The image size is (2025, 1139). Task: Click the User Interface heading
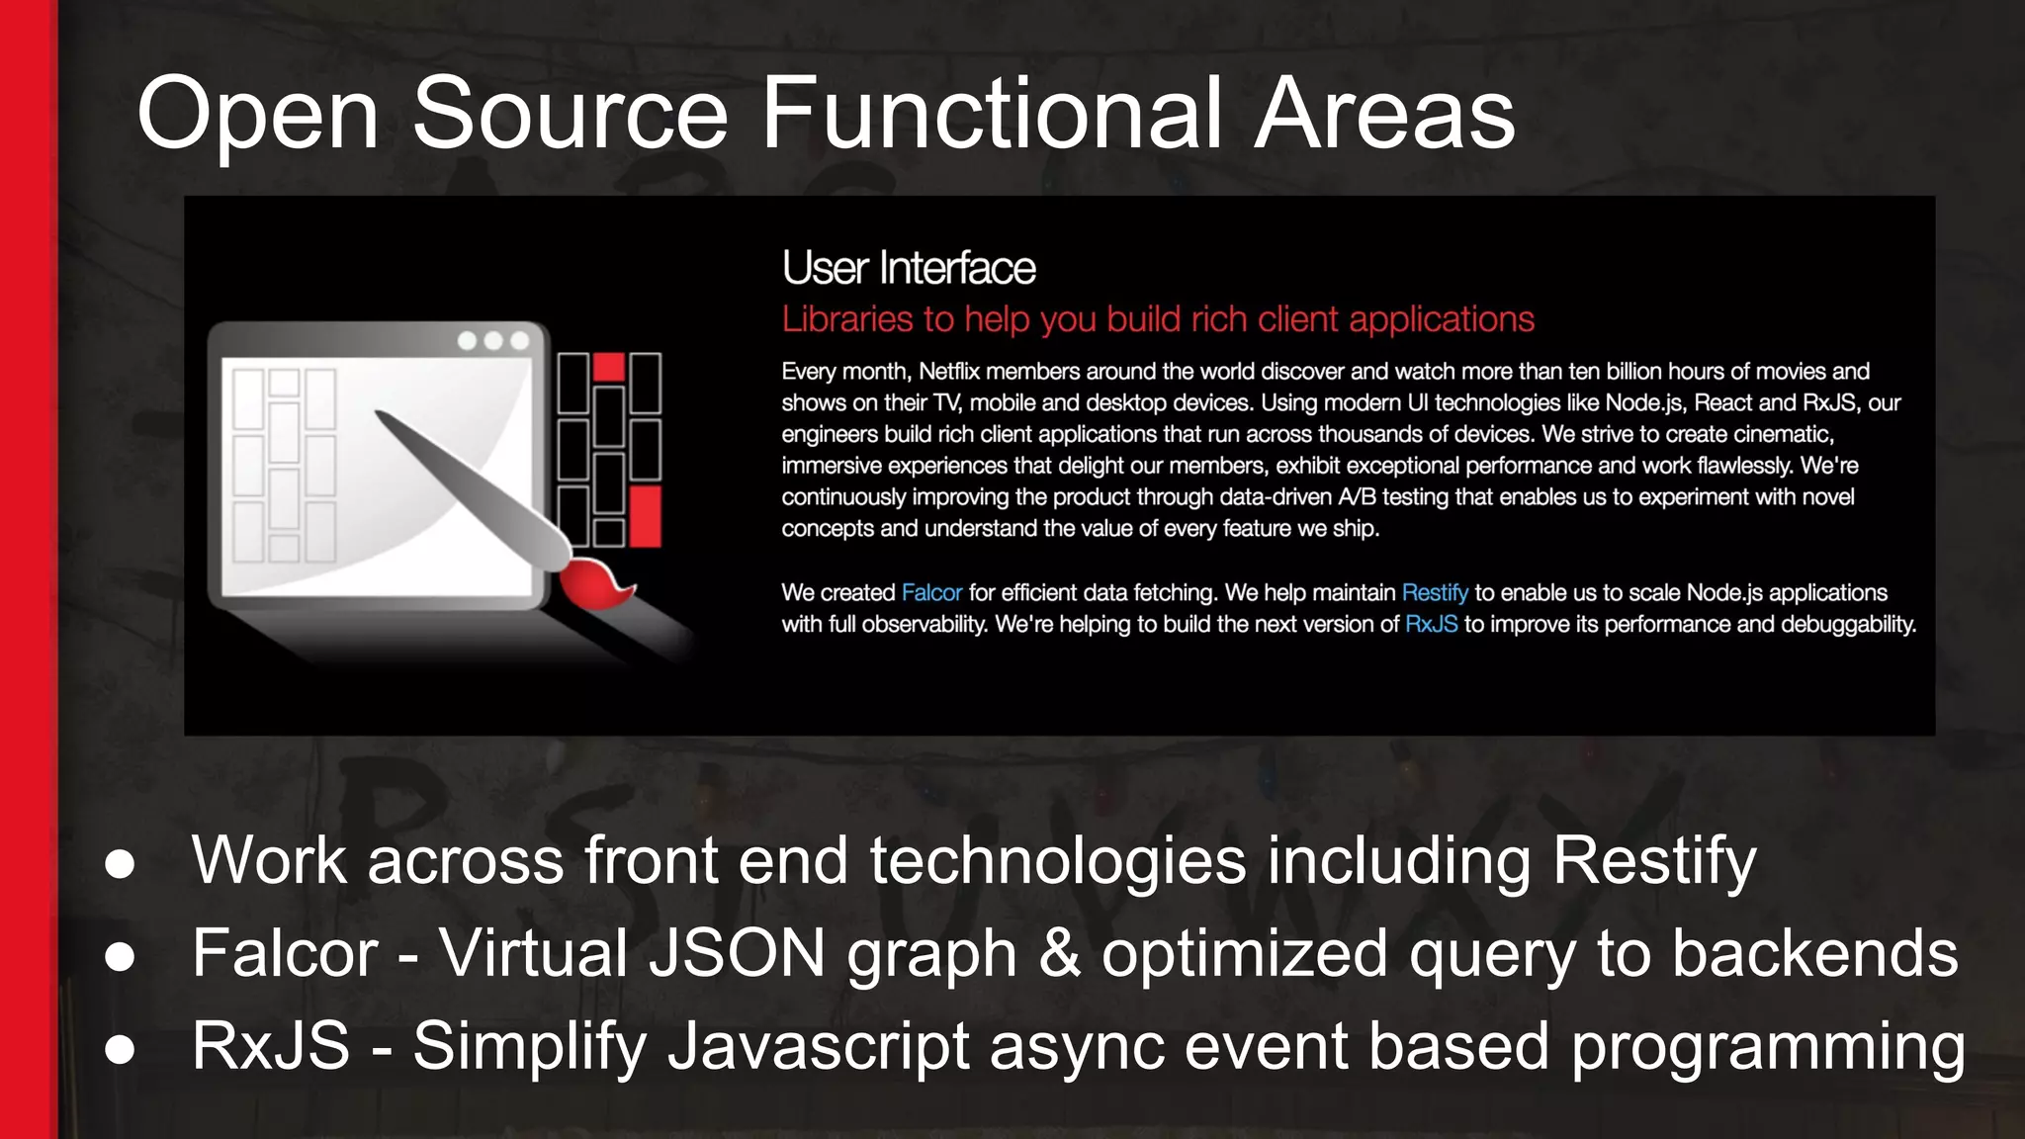coord(909,268)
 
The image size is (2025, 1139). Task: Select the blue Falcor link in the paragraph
coord(931,592)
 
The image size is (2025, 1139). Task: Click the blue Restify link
coord(1435,592)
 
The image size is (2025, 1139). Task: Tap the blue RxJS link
coord(1431,624)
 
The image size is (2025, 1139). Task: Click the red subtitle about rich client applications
coord(1158,319)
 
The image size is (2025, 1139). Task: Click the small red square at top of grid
coord(609,367)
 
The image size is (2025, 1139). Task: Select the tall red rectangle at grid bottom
coord(645,516)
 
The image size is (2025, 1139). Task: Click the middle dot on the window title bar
coord(493,341)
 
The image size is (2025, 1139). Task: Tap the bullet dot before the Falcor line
coord(120,956)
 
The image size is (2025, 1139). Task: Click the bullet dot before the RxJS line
coord(120,1048)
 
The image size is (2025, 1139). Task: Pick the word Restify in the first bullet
coord(1654,860)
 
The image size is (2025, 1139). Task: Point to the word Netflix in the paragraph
coord(950,372)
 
